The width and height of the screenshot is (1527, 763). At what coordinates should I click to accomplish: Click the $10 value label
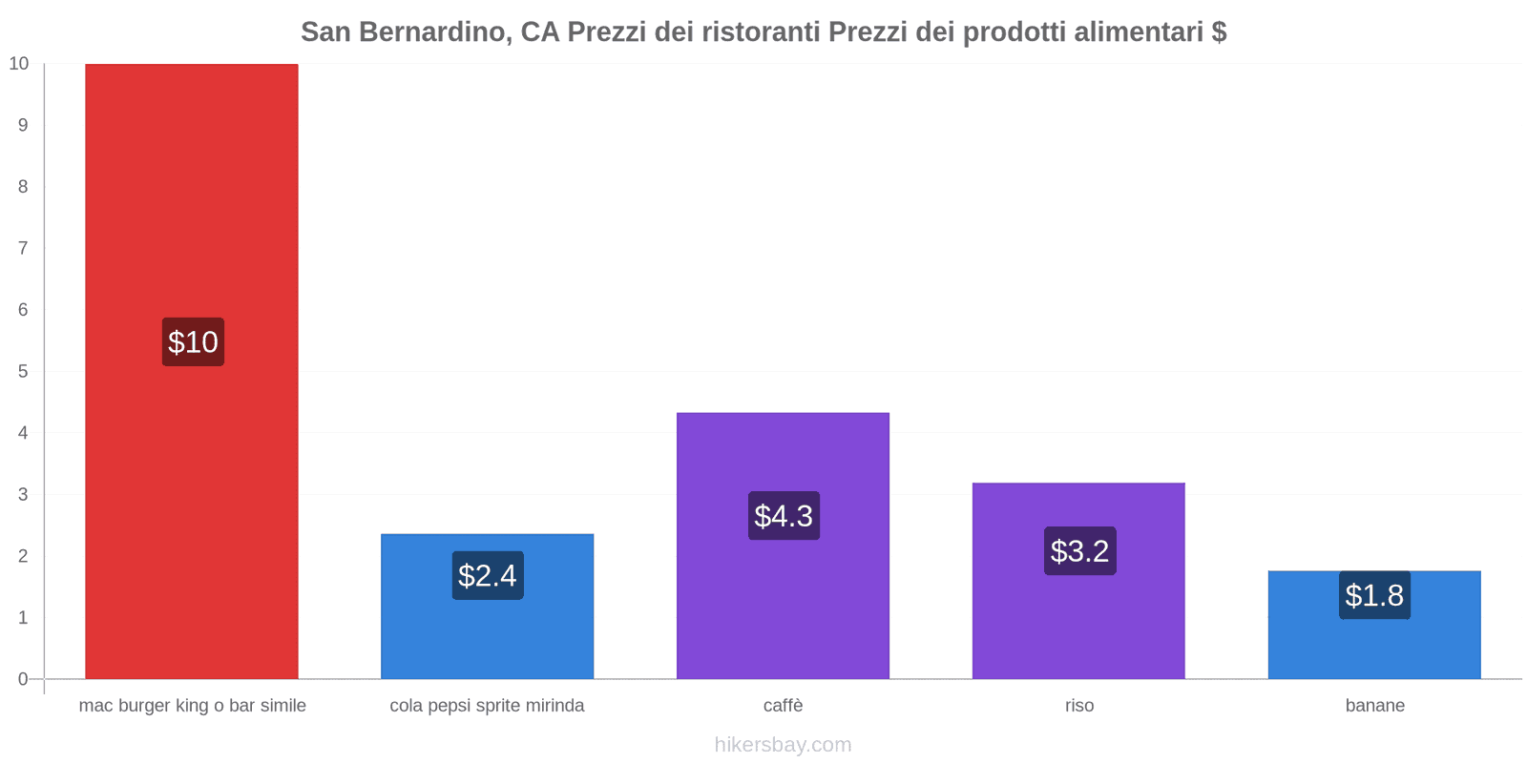coord(193,341)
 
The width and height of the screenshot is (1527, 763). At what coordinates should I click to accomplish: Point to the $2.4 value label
coord(488,575)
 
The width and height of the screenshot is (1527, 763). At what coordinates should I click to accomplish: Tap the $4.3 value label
coord(784,516)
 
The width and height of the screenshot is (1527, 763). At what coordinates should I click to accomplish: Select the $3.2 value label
coord(1079,550)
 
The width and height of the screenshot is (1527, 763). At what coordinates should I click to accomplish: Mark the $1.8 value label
coord(1374,595)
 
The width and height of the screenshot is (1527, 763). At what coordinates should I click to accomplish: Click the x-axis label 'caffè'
coord(783,706)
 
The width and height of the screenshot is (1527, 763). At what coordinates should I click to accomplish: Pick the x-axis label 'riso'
coord(1079,706)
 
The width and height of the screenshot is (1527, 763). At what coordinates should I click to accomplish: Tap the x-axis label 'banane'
coord(1374,706)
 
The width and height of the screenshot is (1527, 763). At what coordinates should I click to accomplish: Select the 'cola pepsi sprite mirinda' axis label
coord(487,706)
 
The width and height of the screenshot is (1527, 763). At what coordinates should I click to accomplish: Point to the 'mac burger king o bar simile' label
coord(192,706)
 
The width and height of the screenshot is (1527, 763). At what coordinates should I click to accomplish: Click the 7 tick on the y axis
coord(23,248)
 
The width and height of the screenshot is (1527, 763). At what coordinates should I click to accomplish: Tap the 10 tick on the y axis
coord(19,64)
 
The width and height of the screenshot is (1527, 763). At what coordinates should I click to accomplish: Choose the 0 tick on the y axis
coord(23,679)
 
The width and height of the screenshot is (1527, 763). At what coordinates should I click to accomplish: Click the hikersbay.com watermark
coord(783,745)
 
